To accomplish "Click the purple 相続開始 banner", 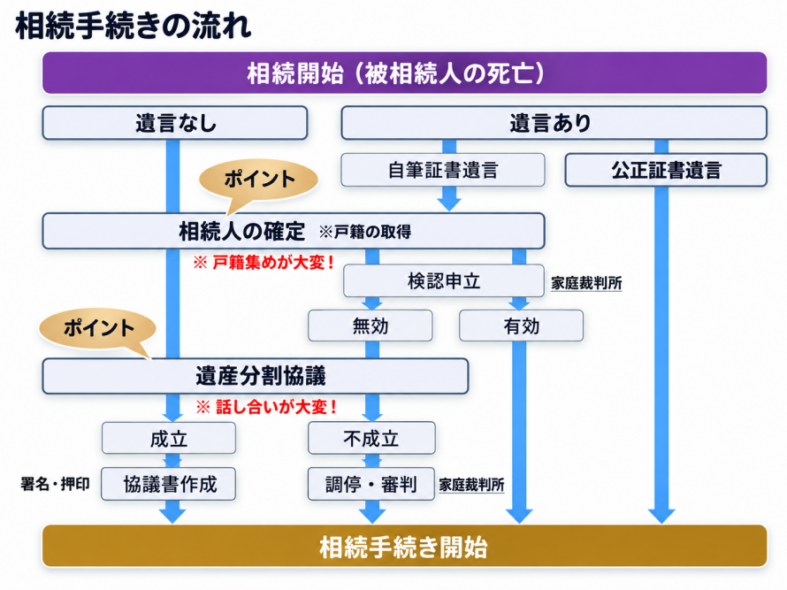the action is click(x=404, y=73).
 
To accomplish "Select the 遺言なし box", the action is click(x=175, y=123).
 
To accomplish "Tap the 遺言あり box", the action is click(x=554, y=123).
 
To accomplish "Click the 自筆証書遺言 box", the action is click(x=443, y=170).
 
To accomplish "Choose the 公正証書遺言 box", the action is click(x=666, y=170).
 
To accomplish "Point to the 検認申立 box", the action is click(x=444, y=280).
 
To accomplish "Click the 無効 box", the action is click(x=370, y=326).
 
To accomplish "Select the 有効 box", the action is click(x=521, y=326).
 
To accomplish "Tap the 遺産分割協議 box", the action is click(x=256, y=376).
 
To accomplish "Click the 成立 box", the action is click(x=169, y=438).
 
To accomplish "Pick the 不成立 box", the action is click(x=371, y=438).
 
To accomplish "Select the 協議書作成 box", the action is click(x=169, y=484).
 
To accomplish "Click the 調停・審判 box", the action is click(x=371, y=484).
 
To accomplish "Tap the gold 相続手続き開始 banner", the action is click(x=404, y=547).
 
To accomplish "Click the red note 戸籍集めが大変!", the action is click(x=264, y=262).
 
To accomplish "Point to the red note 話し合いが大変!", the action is click(x=266, y=407).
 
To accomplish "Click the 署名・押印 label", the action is click(x=55, y=484).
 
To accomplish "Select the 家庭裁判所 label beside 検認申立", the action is click(x=586, y=283).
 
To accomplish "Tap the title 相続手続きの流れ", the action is click(x=134, y=27).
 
